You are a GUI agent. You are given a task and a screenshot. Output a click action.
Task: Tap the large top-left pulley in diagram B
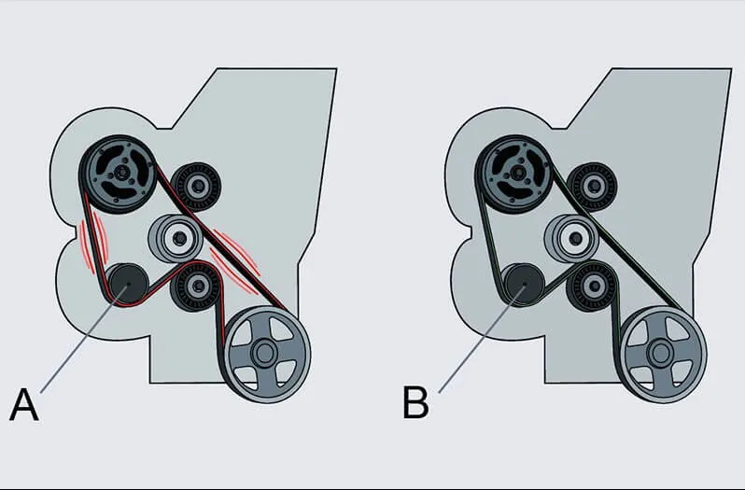[513, 171]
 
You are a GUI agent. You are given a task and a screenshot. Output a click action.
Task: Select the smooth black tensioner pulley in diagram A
[124, 283]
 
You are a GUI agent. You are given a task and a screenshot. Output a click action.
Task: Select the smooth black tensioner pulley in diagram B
[522, 282]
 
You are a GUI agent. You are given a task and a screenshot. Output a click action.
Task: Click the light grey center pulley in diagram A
[175, 239]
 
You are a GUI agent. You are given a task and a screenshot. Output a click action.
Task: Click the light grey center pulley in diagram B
[571, 239]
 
